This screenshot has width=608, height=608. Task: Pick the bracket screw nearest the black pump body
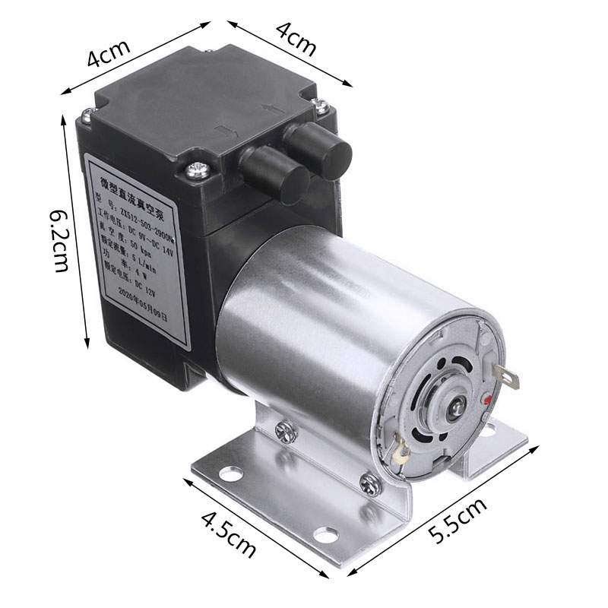pos(286,431)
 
